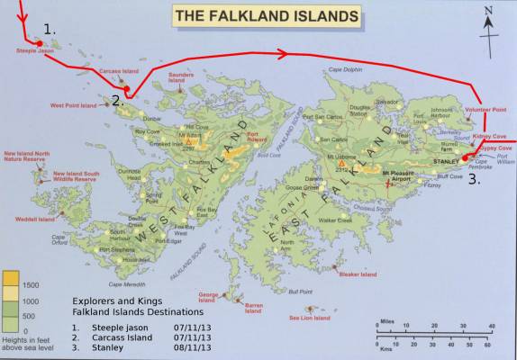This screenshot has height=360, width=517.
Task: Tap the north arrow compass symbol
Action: coord(488,20)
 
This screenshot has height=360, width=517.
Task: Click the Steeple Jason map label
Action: coord(35,52)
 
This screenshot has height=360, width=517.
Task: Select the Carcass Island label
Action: coord(119,69)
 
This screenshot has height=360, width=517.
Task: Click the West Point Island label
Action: coord(73,105)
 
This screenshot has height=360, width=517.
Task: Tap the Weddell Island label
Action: coord(34,218)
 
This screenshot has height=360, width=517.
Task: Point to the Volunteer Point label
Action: coord(485,109)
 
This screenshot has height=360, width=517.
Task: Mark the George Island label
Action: coord(208,296)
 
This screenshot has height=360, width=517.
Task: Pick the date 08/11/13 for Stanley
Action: coord(194,346)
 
